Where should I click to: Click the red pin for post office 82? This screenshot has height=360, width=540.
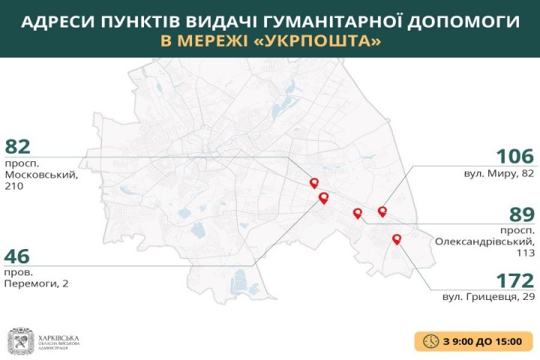tap(314, 183)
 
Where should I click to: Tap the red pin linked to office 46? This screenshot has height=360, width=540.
tap(324, 198)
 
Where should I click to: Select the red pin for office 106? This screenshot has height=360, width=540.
tap(382, 211)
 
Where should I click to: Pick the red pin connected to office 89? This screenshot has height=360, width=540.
tap(358, 213)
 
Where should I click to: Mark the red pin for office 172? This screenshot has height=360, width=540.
tap(397, 239)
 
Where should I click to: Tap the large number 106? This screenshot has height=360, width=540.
tap(514, 157)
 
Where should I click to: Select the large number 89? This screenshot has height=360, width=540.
tap(517, 211)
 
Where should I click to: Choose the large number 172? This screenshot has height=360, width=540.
tap(514, 280)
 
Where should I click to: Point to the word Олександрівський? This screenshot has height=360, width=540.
tap(484, 241)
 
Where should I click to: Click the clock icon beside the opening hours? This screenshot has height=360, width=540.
tap(430, 340)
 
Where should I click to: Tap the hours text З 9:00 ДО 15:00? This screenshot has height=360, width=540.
tap(481, 341)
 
